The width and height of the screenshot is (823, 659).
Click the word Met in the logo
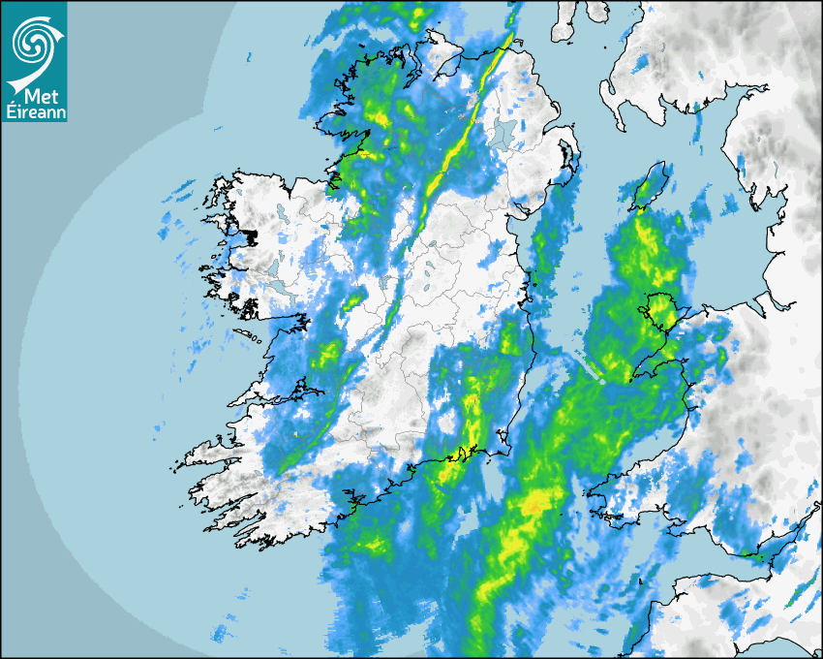tap(35, 97)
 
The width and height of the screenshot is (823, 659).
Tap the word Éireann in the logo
tap(35, 113)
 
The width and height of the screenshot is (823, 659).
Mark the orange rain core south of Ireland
tap(533, 504)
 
